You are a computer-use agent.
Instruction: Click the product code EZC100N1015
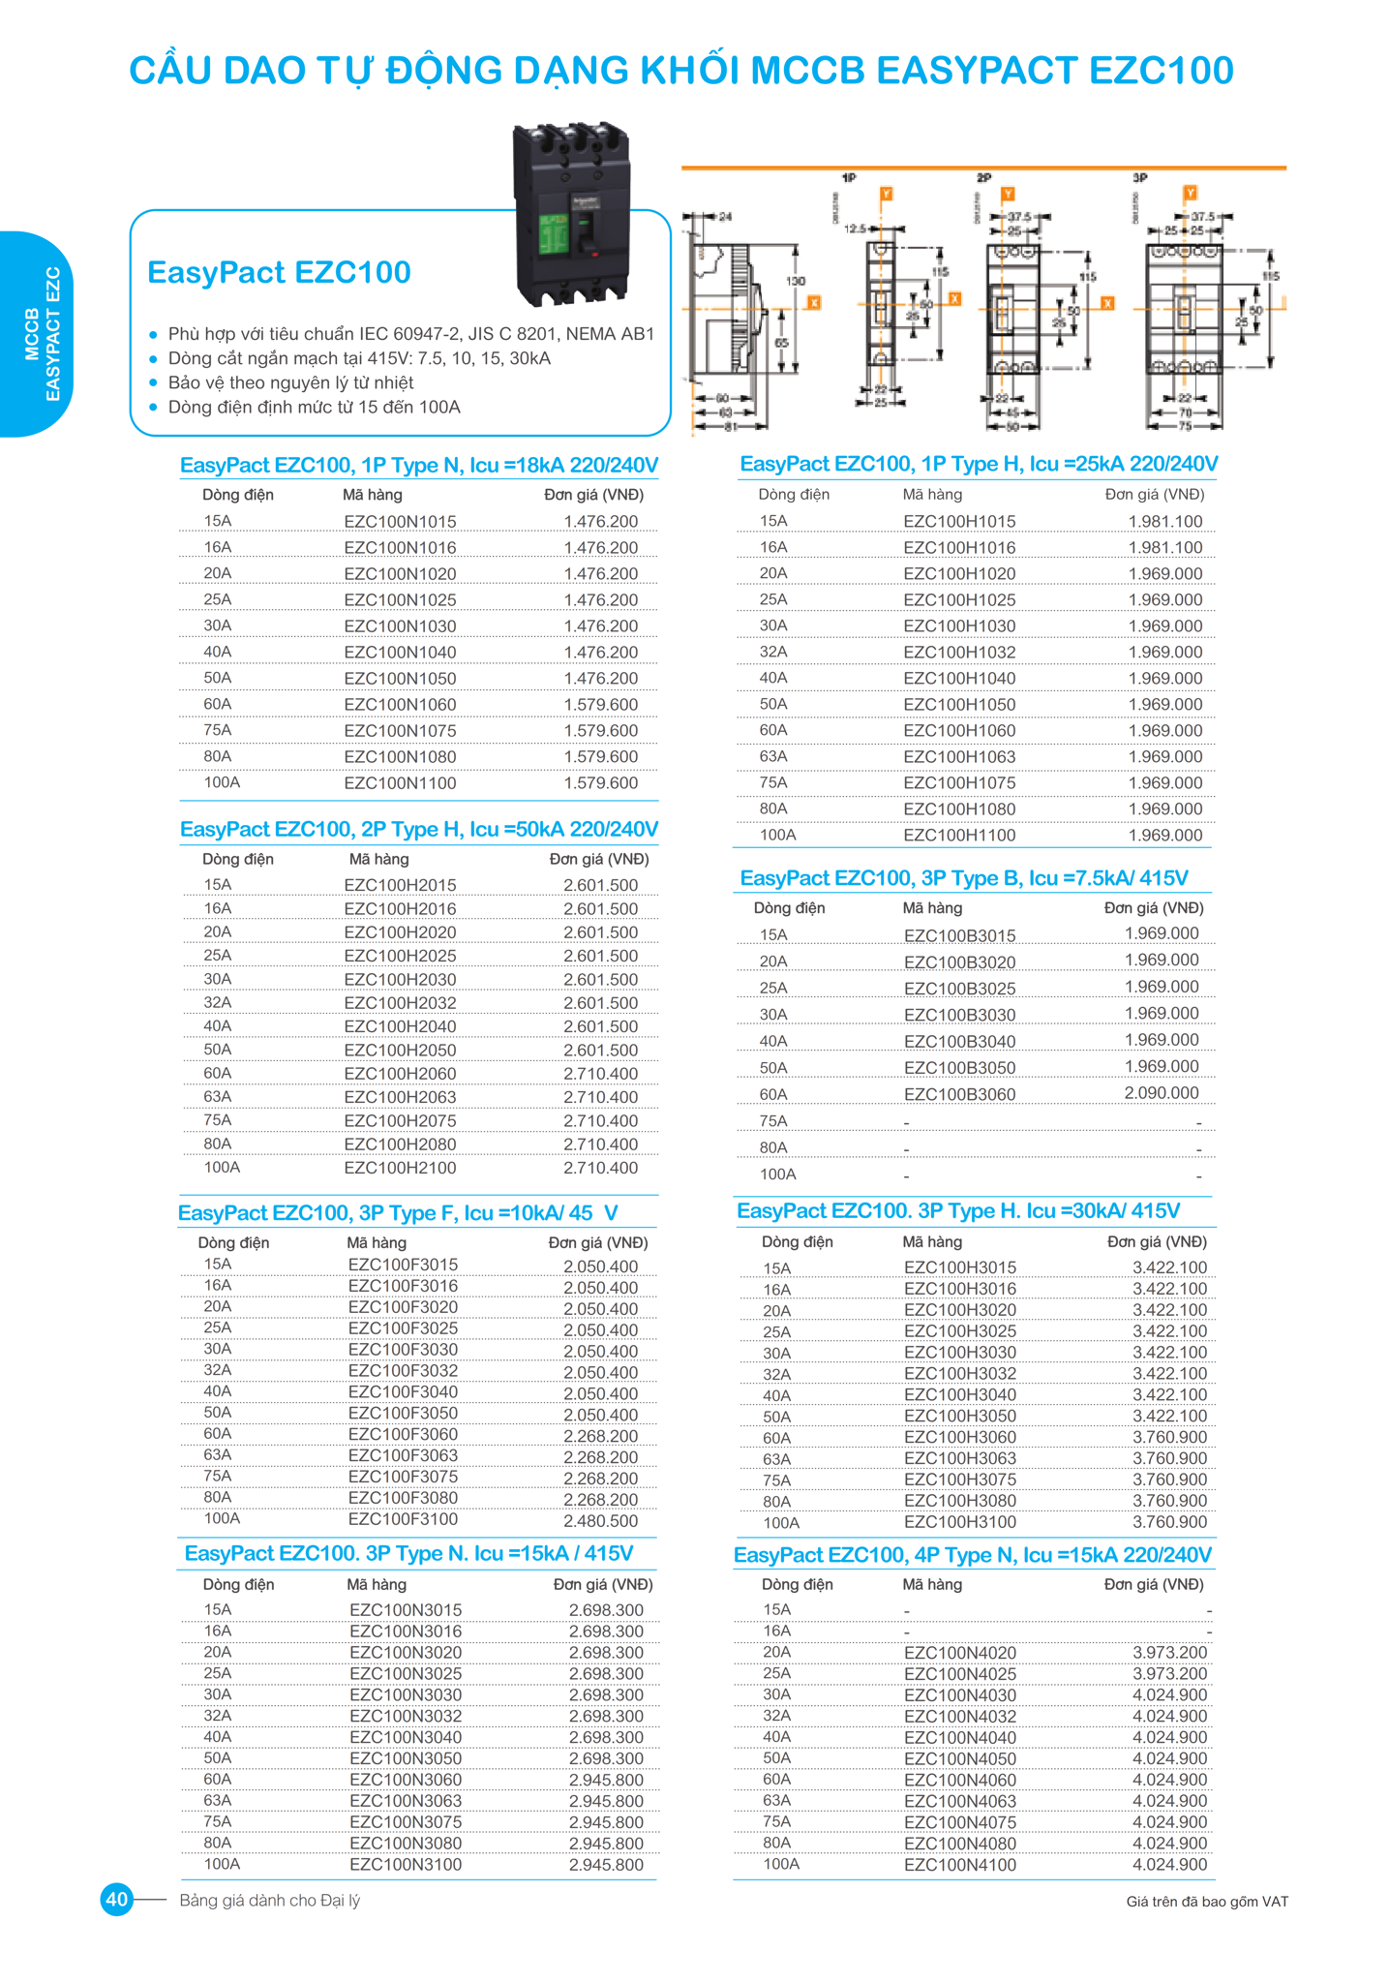400,522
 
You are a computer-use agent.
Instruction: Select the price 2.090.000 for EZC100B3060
1161,1093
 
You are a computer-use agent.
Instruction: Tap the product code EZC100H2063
400,1097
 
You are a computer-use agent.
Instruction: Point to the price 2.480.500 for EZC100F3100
600,1520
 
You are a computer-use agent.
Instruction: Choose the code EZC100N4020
959,1653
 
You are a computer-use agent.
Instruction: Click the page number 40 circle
117,1900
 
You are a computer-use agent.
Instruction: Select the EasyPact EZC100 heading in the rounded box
279,273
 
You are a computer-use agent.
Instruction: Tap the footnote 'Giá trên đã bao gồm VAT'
1206,1902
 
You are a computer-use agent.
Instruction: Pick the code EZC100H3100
959,1522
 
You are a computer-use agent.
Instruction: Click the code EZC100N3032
406,1716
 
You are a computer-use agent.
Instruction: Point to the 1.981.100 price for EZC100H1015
1164,522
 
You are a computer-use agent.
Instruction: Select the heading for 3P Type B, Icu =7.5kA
963,878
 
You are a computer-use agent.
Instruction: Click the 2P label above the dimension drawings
983,178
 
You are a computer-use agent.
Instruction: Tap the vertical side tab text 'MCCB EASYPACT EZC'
43,334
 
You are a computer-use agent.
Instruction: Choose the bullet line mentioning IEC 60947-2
410,334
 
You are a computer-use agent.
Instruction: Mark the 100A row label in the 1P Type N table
222,782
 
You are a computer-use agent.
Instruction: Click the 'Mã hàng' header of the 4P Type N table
931,1584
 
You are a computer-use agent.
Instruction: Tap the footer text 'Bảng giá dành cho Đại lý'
269,1901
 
